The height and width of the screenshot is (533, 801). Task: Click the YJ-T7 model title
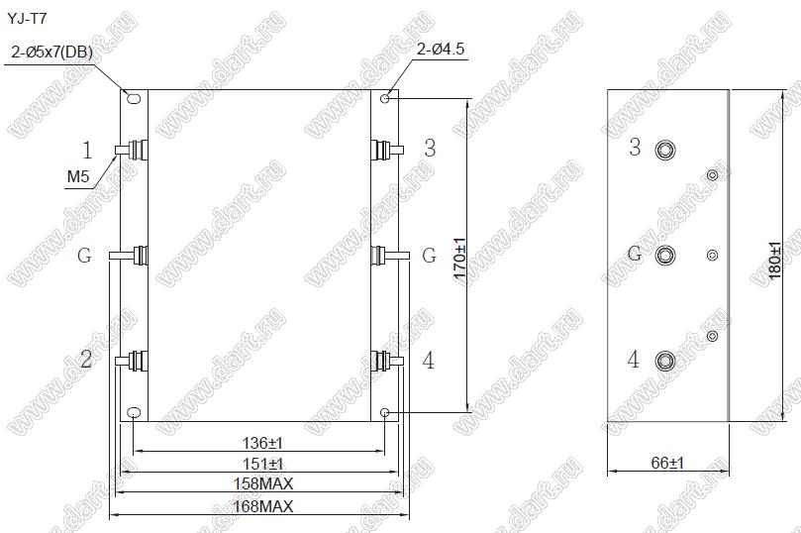(27, 20)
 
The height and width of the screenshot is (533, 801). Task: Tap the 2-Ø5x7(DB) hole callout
(51, 52)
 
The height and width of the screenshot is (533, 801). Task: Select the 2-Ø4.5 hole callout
(441, 50)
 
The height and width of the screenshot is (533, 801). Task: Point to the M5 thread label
(78, 176)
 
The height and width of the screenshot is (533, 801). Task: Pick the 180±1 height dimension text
(774, 261)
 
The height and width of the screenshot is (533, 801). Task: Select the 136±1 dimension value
(262, 443)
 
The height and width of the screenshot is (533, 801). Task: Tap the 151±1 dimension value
(262, 464)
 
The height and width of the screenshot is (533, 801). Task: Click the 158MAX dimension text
(263, 483)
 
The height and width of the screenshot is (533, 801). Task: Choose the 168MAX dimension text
(263, 506)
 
